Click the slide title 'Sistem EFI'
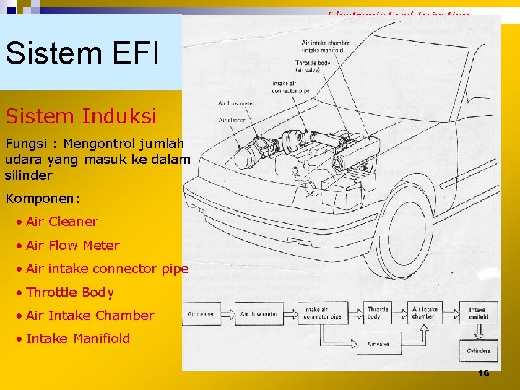pos(82,52)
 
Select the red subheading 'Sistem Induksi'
pos(80,116)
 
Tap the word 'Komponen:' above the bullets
pos(43,197)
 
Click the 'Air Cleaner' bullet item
pos(61,222)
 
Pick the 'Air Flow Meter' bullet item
pos(72,245)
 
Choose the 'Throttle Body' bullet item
pos(69,292)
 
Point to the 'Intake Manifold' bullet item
pos(77,338)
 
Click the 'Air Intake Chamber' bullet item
pos(90,315)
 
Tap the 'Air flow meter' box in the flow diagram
pos(259,314)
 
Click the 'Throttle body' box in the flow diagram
pos(378,313)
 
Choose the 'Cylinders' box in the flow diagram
pos(478,351)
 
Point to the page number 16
pos(483,373)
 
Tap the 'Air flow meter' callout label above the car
pos(235,104)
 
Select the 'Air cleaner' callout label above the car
pos(232,120)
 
